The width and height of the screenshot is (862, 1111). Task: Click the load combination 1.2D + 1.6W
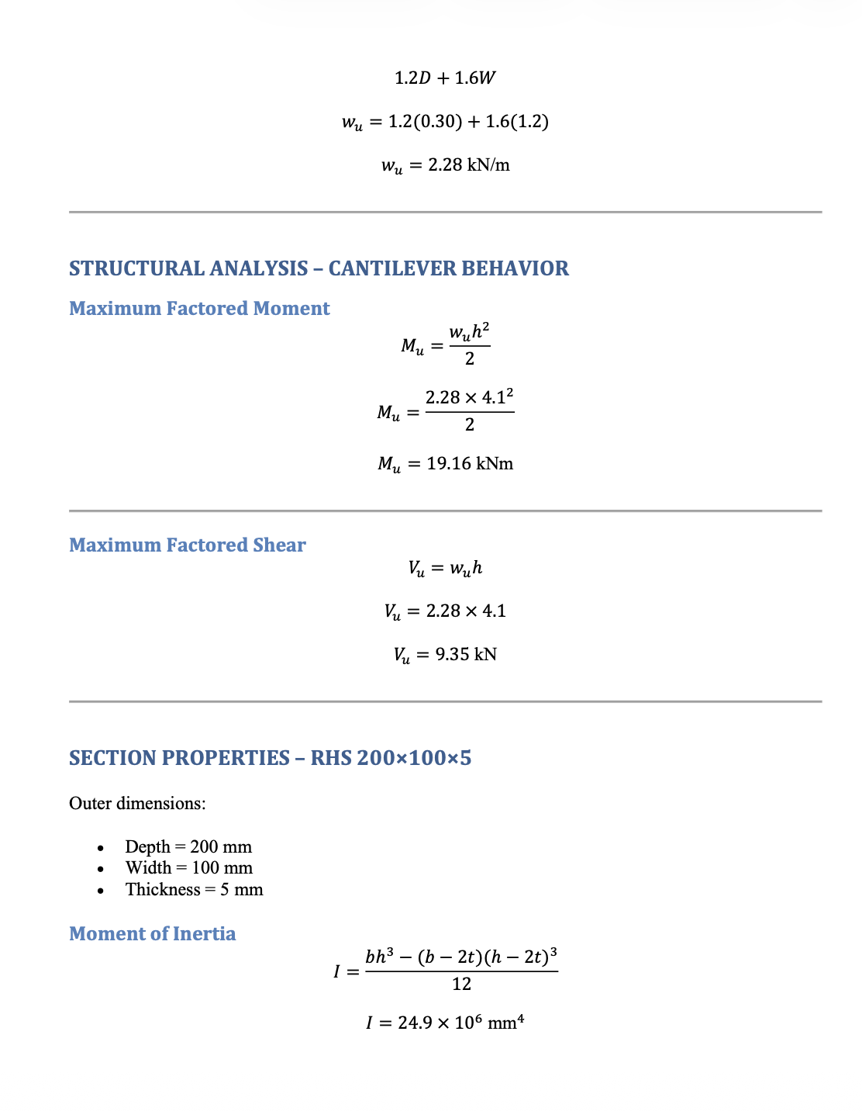click(445, 78)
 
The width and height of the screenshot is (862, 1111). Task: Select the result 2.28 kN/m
click(468, 165)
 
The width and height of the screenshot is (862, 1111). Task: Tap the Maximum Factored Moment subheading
click(199, 309)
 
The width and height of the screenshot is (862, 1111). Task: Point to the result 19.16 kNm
click(470, 464)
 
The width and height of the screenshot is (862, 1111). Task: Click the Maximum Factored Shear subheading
click(187, 545)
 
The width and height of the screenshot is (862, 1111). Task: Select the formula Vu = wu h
click(445, 569)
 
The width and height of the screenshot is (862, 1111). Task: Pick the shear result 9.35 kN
click(465, 655)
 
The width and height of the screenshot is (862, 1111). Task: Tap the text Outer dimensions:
click(137, 803)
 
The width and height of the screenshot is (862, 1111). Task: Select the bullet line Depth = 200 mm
click(188, 846)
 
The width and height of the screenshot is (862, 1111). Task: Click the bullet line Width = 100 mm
click(188, 867)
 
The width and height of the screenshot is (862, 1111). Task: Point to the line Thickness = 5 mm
click(194, 889)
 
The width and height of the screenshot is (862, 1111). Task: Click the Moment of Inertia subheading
click(152, 934)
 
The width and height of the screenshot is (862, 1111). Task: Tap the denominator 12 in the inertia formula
click(461, 985)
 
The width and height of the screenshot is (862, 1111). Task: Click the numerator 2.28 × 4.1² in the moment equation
click(469, 397)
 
